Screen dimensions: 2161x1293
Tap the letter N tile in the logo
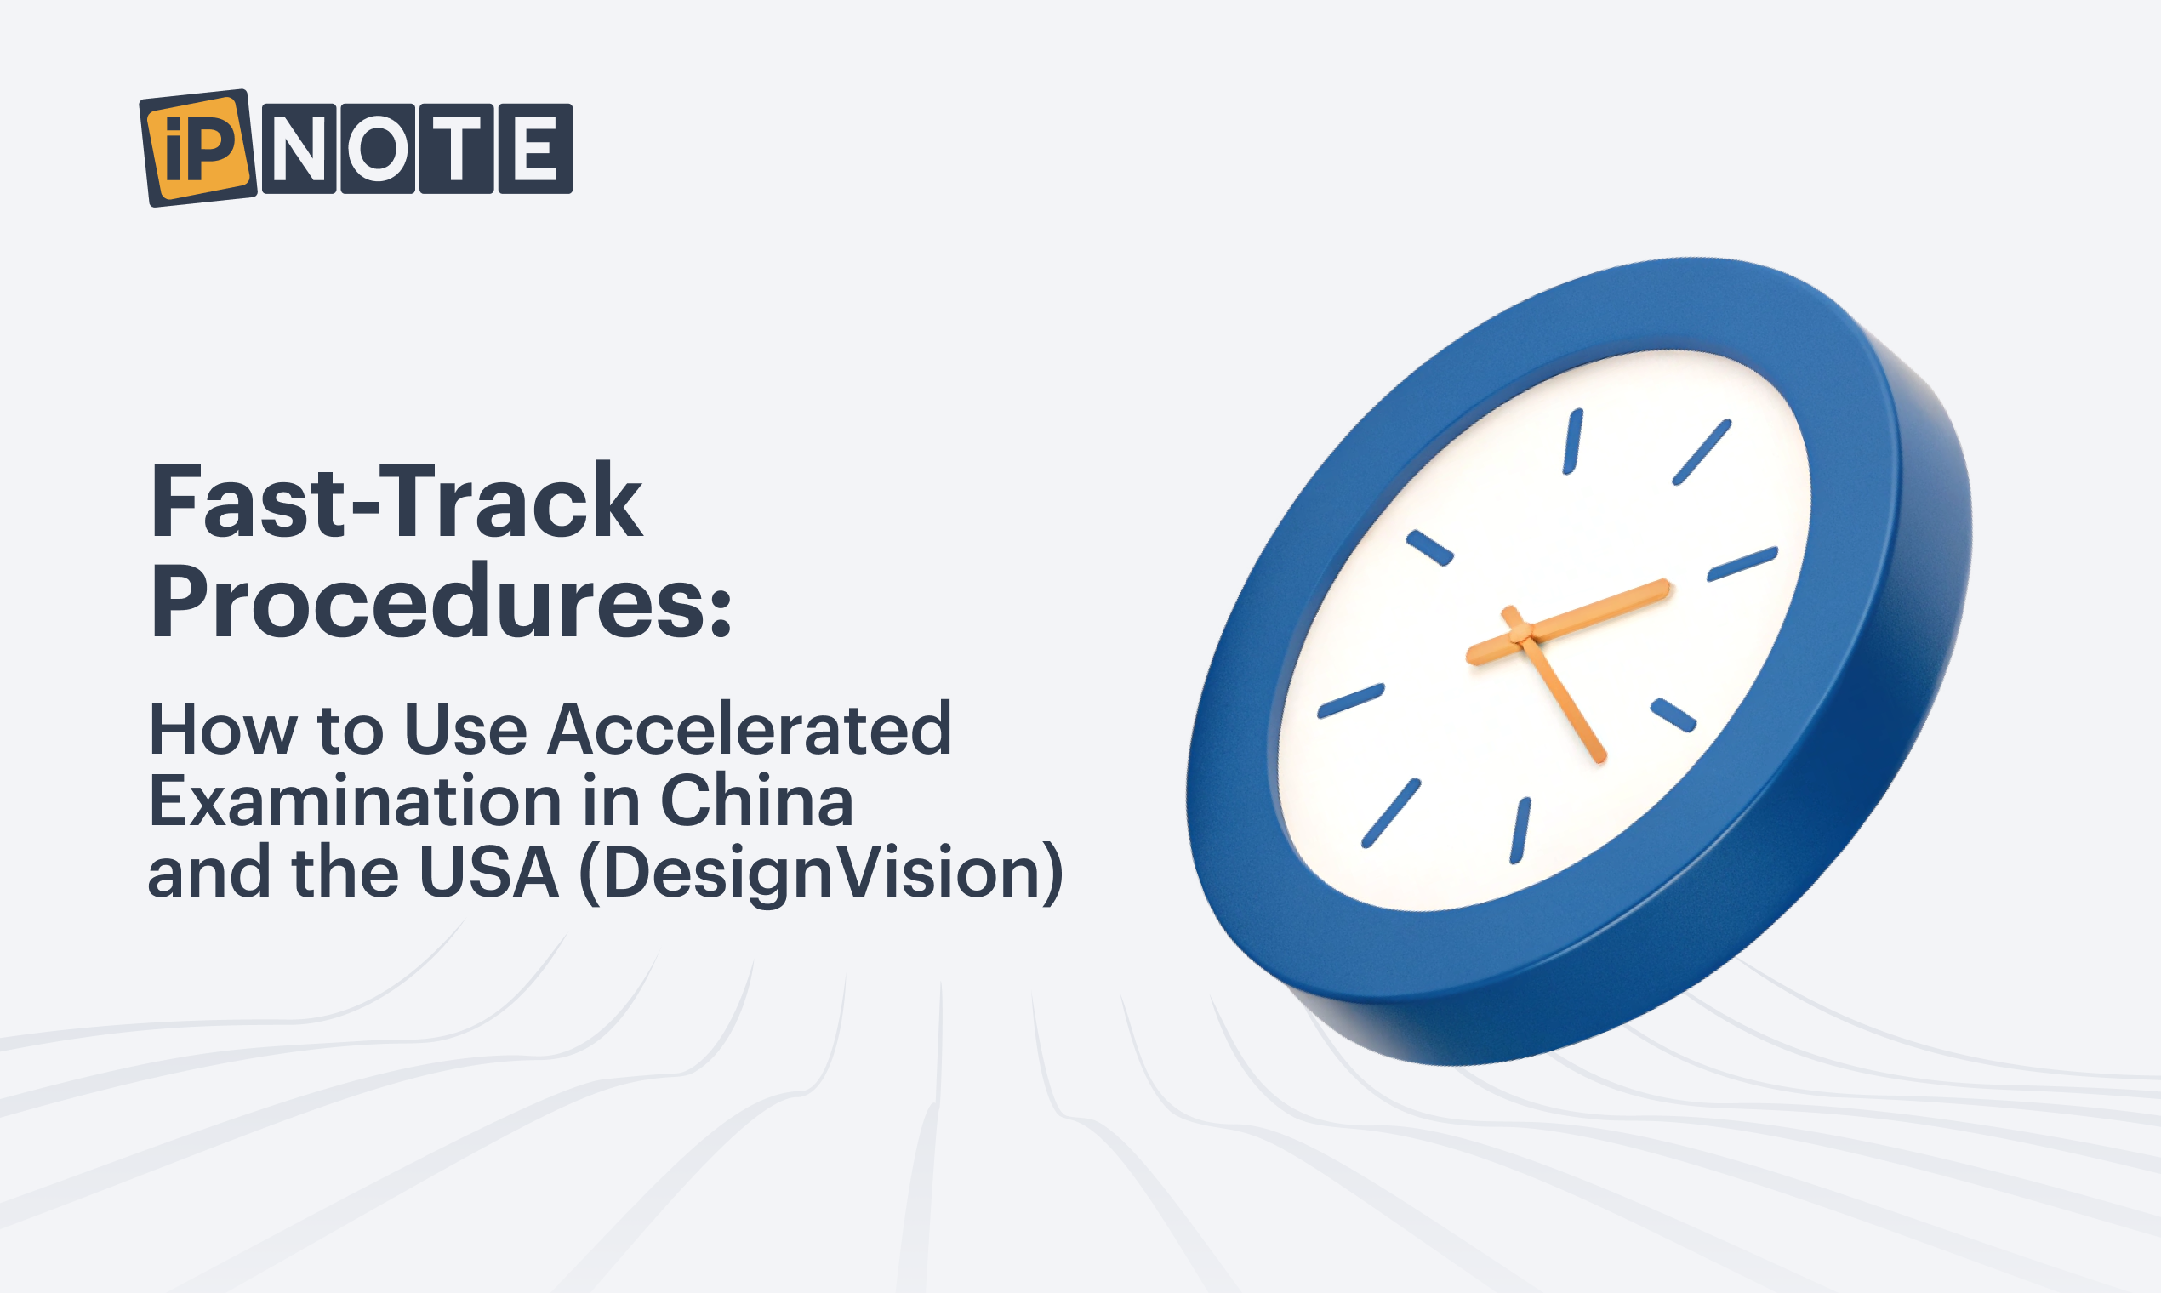tap(299, 148)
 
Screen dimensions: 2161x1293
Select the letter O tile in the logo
tap(377, 148)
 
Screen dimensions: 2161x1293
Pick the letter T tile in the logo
tap(457, 148)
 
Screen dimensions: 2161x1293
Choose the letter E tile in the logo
tap(535, 148)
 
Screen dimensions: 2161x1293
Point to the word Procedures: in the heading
tap(441, 602)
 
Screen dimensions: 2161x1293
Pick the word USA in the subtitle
tap(488, 872)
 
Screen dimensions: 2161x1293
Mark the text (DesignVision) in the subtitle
tap(821, 874)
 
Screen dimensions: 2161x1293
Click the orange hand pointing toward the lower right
tap(1556, 685)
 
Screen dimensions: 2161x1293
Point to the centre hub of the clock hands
tap(1520, 633)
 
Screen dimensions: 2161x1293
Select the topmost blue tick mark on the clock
tap(1573, 441)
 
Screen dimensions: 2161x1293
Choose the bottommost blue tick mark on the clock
tap(1520, 831)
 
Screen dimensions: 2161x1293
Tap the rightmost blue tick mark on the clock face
tap(1742, 564)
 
